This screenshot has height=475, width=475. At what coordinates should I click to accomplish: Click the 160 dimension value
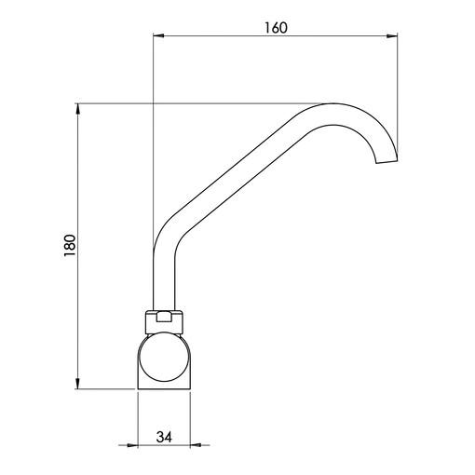pos(276,28)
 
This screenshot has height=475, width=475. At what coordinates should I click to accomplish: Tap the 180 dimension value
pos(70,245)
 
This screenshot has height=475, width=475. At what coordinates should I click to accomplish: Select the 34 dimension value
pos(164,437)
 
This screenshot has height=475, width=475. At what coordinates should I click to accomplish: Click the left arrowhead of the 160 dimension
pos(158,36)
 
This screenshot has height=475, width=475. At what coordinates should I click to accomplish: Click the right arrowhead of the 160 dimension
pos(392,36)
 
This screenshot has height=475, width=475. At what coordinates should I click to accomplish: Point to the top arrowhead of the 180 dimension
pos(77,109)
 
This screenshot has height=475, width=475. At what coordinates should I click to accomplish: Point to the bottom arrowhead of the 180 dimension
pos(77,384)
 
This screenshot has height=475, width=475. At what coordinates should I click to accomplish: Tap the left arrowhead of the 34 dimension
pos(132,445)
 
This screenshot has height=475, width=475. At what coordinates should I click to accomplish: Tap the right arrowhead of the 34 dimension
pos(195,445)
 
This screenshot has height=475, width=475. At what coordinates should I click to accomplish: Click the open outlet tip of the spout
pos(387,162)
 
